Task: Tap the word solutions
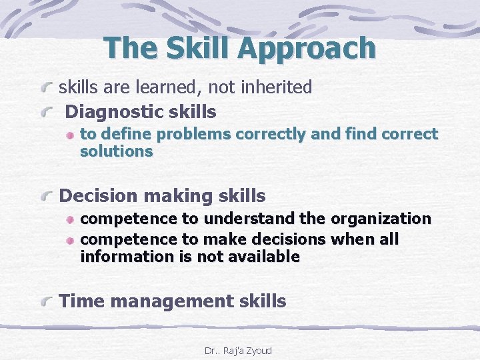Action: coord(116,151)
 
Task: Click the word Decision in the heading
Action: coord(101,196)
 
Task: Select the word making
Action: coord(179,196)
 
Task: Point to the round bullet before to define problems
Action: coord(71,135)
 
